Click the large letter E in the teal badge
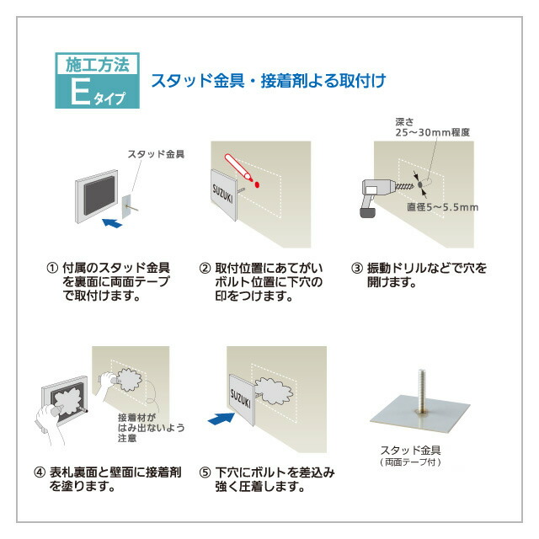point(79,92)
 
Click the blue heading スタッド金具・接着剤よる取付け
point(268,82)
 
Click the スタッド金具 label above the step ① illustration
point(156,154)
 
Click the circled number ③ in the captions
point(358,269)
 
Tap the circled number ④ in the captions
point(40,472)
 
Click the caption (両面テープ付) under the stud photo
point(410,462)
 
